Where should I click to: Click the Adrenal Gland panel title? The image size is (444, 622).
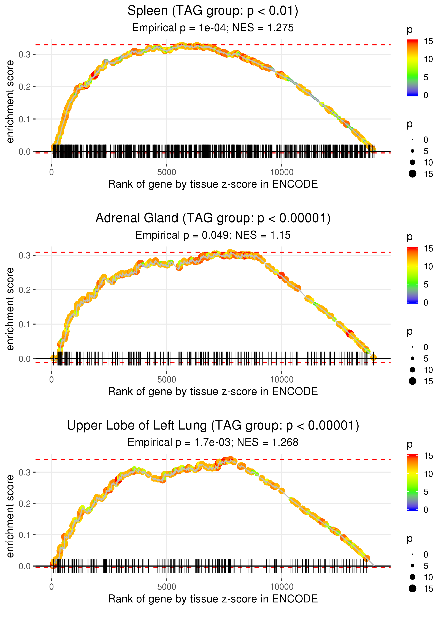pyautogui.click(x=213, y=218)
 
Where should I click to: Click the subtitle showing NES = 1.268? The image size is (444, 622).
pyautogui.click(x=213, y=442)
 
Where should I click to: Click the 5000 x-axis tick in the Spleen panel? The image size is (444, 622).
pyautogui.click(x=167, y=172)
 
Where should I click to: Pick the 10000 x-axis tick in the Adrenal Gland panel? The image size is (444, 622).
pyautogui.click(x=282, y=380)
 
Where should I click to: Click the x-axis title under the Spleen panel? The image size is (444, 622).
pyautogui.click(x=213, y=184)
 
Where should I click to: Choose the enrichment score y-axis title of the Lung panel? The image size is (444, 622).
pyautogui.click(x=10, y=516)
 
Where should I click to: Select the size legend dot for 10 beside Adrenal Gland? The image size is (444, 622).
pyautogui.click(x=413, y=370)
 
